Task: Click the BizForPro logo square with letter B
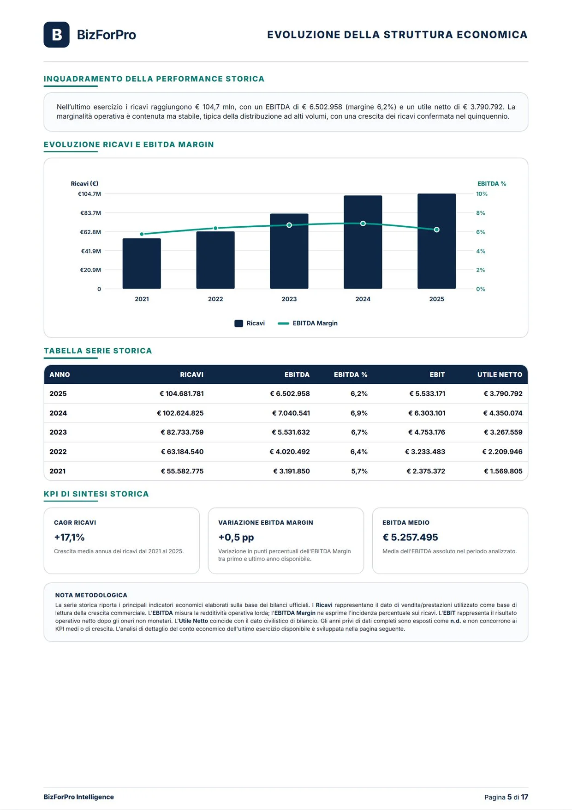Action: point(56,35)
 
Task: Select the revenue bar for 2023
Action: point(289,251)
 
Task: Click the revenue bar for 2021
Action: point(142,264)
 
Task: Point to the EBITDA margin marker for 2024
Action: point(363,224)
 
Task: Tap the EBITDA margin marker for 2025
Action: point(437,230)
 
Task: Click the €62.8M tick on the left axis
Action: point(90,232)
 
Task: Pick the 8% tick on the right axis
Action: point(481,213)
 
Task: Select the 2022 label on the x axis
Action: point(215,299)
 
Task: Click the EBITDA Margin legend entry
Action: point(308,323)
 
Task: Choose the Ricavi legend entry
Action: point(250,323)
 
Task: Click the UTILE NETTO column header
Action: point(500,375)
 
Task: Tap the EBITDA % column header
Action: point(351,375)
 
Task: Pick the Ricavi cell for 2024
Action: point(180,413)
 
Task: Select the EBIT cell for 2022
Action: point(425,452)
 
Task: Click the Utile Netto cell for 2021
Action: point(503,471)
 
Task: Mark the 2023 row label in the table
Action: point(58,432)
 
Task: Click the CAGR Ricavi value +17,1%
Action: point(69,537)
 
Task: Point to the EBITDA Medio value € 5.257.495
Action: point(410,537)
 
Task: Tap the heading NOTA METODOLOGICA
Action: point(91,595)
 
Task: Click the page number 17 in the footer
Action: point(524,797)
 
